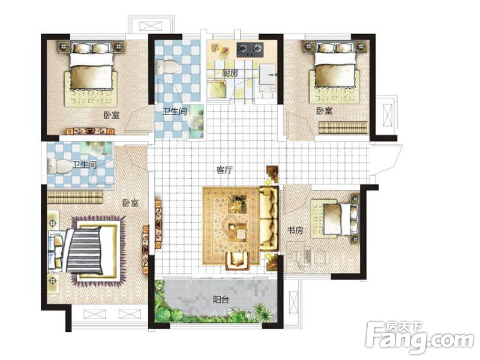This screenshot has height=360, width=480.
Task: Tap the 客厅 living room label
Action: [224, 170]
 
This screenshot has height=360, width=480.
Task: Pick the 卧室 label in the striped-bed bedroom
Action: [131, 203]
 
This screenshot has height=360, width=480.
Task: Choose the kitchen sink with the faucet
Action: [268, 76]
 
